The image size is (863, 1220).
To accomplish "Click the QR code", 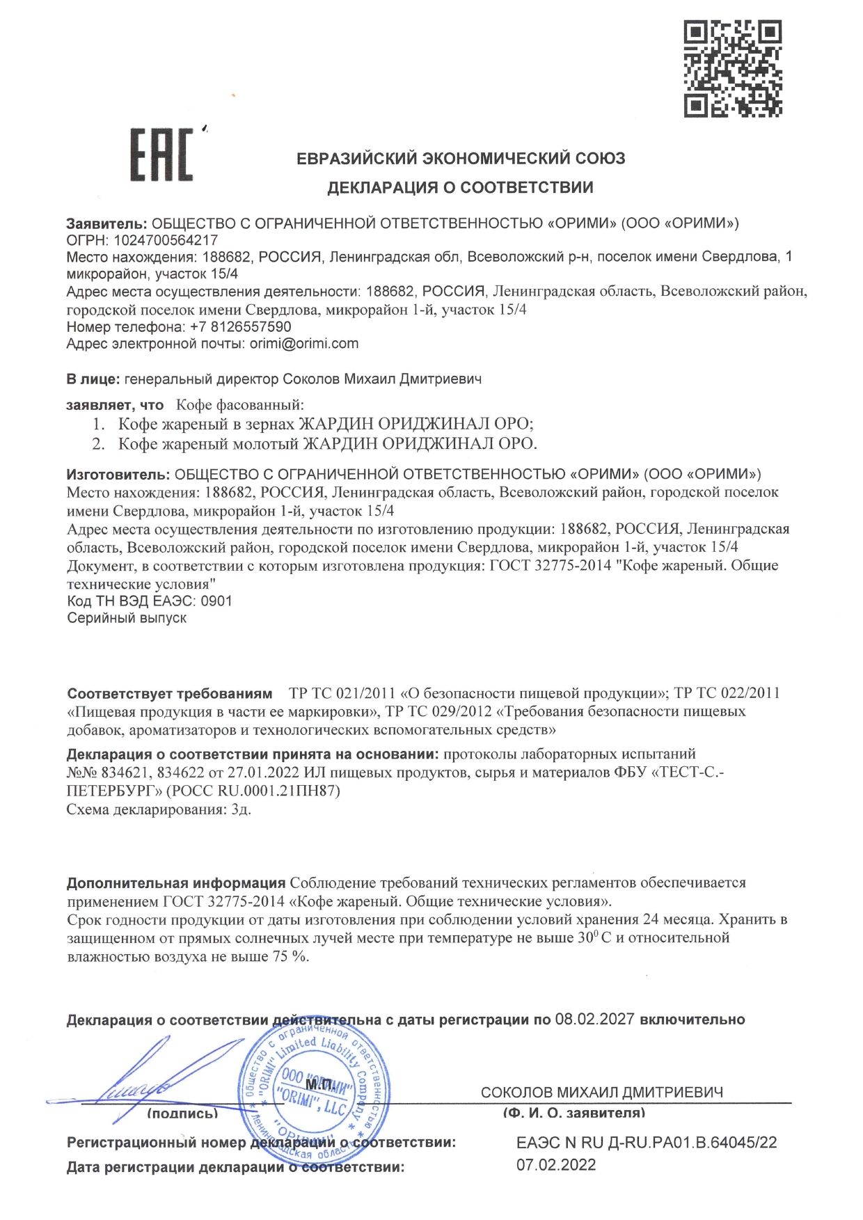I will [733, 68].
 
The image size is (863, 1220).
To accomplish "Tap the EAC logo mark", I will [161, 155].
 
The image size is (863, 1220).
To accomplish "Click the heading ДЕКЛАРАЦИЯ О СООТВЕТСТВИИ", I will [460, 187].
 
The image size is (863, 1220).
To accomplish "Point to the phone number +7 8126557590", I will [240, 326].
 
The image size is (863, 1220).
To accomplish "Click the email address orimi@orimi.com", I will [304, 343].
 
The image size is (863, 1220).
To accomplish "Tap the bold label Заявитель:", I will [106, 223].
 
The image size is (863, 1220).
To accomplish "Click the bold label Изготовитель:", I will [118, 475].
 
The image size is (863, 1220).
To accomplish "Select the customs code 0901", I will [216, 601].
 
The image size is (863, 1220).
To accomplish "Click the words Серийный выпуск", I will [127, 618].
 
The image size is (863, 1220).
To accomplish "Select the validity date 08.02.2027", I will [594, 1020].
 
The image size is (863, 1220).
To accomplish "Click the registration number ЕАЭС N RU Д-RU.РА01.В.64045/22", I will [647, 1142].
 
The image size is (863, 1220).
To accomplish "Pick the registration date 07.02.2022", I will [556, 1165].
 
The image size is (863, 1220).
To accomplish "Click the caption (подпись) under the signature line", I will [182, 1114].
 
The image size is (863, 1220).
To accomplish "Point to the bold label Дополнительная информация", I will [175, 883].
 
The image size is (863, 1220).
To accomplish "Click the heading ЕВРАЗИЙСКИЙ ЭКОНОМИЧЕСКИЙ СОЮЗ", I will [461, 159].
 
